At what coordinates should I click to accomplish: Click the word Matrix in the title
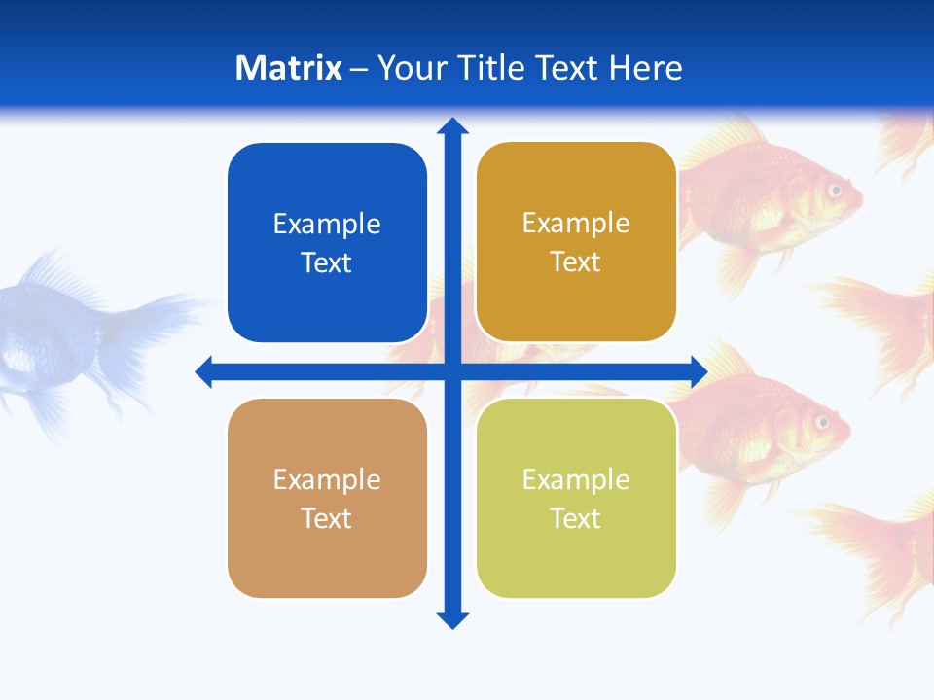pos(289,68)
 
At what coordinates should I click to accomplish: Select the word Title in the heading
pos(492,68)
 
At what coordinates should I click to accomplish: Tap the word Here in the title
pos(645,68)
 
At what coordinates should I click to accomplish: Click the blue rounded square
pos(327,243)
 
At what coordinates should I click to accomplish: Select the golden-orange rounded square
pos(576,242)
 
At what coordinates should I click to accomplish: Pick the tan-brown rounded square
pos(327,498)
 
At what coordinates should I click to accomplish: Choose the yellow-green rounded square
pos(576,498)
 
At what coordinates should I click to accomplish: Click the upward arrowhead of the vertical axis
pos(452,125)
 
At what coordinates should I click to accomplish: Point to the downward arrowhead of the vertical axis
pos(452,620)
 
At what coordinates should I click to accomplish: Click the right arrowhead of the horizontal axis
pos(700,371)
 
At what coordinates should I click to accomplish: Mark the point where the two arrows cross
pos(452,371)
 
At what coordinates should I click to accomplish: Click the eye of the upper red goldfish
pos(834,190)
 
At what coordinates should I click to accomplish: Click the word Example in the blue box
pos(327,224)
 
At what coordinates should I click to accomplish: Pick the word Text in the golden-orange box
pos(576,262)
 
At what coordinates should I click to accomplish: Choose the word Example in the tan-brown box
pos(327,479)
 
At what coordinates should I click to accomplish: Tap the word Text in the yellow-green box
pos(576,518)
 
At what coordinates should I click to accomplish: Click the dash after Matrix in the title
pos(359,69)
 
